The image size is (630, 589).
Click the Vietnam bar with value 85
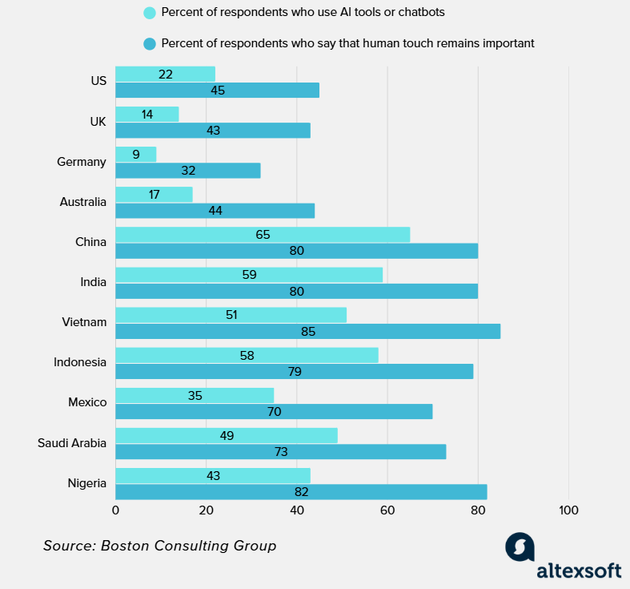pos(307,331)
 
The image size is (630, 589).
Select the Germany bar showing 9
pos(135,154)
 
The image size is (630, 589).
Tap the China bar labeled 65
pos(263,235)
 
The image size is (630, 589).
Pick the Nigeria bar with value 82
pos(301,491)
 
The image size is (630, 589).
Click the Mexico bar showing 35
pos(195,395)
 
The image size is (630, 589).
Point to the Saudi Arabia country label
pos(72,442)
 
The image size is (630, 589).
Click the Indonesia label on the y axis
pos(80,362)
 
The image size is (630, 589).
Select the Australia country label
pos(82,202)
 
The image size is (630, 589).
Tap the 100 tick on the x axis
pos(568,510)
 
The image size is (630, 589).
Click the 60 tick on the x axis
pos(387,510)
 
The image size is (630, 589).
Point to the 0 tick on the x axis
pos(115,510)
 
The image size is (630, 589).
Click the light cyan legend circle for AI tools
pos(149,13)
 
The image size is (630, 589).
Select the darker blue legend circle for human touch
pos(149,43)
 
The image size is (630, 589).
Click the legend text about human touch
pos(347,43)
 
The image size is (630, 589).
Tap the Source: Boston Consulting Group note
pos(159,546)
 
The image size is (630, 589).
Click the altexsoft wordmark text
pos(579,571)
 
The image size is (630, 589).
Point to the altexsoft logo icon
pos(520,547)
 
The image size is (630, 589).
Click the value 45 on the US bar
pos(218,91)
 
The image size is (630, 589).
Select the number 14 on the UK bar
pos(147,115)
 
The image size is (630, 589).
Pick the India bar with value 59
pos(249,275)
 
